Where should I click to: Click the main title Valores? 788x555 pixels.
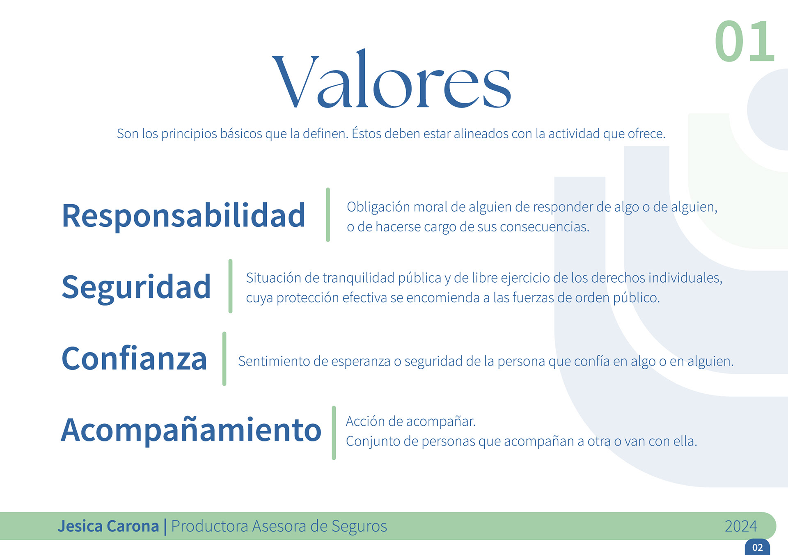pyautogui.click(x=392, y=78)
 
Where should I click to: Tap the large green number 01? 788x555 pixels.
pyautogui.click(x=744, y=41)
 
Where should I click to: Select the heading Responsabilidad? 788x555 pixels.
pyautogui.click(x=183, y=215)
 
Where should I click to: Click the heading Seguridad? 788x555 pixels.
pyautogui.click(x=136, y=287)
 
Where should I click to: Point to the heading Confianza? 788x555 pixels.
pyautogui.click(x=134, y=358)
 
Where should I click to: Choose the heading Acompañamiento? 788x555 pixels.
pyautogui.click(x=191, y=429)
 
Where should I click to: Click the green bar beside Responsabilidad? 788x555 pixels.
pyautogui.click(x=328, y=215)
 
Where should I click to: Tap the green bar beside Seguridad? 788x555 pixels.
pyautogui.click(x=230, y=286)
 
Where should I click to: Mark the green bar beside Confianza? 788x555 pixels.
pyautogui.click(x=224, y=359)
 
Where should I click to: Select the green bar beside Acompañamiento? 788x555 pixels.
pyautogui.click(x=334, y=433)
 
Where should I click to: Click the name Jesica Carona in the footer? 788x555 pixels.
pyautogui.click(x=108, y=526)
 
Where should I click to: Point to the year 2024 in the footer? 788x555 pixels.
pyautogui.click(x=741, y=526)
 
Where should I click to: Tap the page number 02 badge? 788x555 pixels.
pyautogui.click(x=758, y=547)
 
